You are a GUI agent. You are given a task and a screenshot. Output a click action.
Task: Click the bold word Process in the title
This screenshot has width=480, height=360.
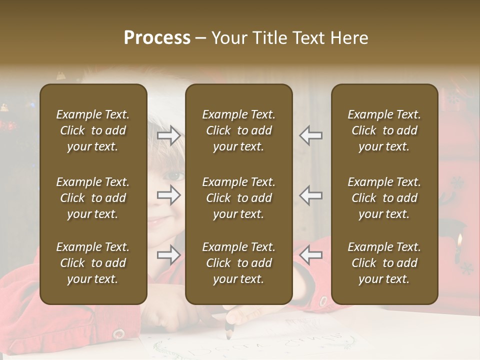click(157, 38)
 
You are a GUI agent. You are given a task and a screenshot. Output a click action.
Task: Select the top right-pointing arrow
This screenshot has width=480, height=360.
click(169, 135)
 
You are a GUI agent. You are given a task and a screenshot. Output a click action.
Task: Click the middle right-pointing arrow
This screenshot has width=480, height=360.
click(169, 195)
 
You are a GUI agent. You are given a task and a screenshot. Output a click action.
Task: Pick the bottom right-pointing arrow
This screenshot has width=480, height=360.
click(169, 255)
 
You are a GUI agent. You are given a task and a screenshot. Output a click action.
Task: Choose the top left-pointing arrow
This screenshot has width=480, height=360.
click(310, 135)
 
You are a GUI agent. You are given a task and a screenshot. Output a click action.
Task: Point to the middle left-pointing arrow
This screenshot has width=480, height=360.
click(310, 195)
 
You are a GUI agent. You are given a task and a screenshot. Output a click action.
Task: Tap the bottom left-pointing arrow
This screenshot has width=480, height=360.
click(310, 255)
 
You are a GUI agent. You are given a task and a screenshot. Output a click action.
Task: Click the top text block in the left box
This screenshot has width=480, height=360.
click(93, 130)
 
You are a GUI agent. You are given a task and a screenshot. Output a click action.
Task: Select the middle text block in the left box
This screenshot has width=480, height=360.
click(93, 198)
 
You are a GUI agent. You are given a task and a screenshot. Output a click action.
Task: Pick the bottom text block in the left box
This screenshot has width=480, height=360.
click(93, 263)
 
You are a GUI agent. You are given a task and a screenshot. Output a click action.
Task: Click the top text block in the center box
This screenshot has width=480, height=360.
click(239, 130)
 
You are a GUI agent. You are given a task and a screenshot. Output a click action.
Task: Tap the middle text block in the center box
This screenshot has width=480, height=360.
click(239, 198)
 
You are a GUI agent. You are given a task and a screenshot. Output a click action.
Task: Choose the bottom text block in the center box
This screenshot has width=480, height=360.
click(239, 263)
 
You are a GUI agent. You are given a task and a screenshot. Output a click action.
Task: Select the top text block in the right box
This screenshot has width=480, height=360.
click(384, 130)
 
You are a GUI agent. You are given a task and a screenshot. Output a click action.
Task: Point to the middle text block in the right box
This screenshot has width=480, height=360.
click(384, 198)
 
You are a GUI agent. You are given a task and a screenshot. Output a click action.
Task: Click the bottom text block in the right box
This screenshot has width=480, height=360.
click(384, 263)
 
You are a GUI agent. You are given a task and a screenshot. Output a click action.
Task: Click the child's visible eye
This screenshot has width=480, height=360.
click(174, 176)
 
